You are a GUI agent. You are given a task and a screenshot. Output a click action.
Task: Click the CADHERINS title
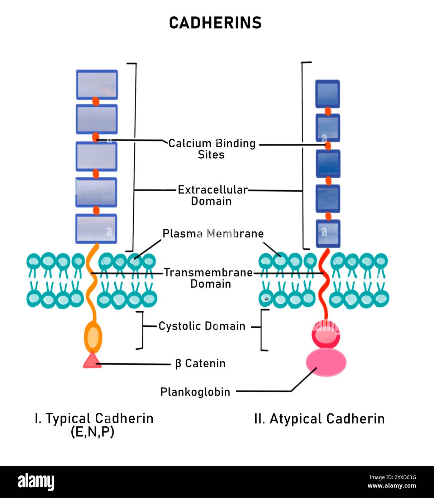(x=215, y=23)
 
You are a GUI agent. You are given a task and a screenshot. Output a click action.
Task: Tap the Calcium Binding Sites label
(x=212, y=149)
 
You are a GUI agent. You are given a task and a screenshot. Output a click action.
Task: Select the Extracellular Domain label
(x=213, y=195)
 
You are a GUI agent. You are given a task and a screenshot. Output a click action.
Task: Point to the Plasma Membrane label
(x=213, y=234)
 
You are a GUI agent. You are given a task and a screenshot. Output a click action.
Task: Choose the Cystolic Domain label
(x=202, y=326)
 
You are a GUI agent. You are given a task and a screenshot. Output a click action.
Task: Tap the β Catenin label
(x=200, y=363)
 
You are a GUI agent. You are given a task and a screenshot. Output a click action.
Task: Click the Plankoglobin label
(x=195, y=392)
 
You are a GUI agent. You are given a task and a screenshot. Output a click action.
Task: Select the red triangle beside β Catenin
(x=92, y=360)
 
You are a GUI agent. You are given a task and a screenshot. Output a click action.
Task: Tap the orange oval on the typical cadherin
(x=93, y=337)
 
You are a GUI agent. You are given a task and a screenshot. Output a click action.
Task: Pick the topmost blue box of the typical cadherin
(x=97, y=85)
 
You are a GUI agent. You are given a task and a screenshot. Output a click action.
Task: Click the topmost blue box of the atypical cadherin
(x=328, y=94)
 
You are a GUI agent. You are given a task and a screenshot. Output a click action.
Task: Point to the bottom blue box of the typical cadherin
(x=96, y=229)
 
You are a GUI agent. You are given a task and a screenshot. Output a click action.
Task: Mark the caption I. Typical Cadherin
(x=94, y=418)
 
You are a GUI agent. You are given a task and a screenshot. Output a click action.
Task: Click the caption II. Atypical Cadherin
(x=319, y=418)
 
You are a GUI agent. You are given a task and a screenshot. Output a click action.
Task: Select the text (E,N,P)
(x=92, y=432)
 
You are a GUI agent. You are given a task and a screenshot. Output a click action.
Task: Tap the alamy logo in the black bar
(x=36, y=482)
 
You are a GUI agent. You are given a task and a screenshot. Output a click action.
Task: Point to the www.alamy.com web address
(x=392, y=486)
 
